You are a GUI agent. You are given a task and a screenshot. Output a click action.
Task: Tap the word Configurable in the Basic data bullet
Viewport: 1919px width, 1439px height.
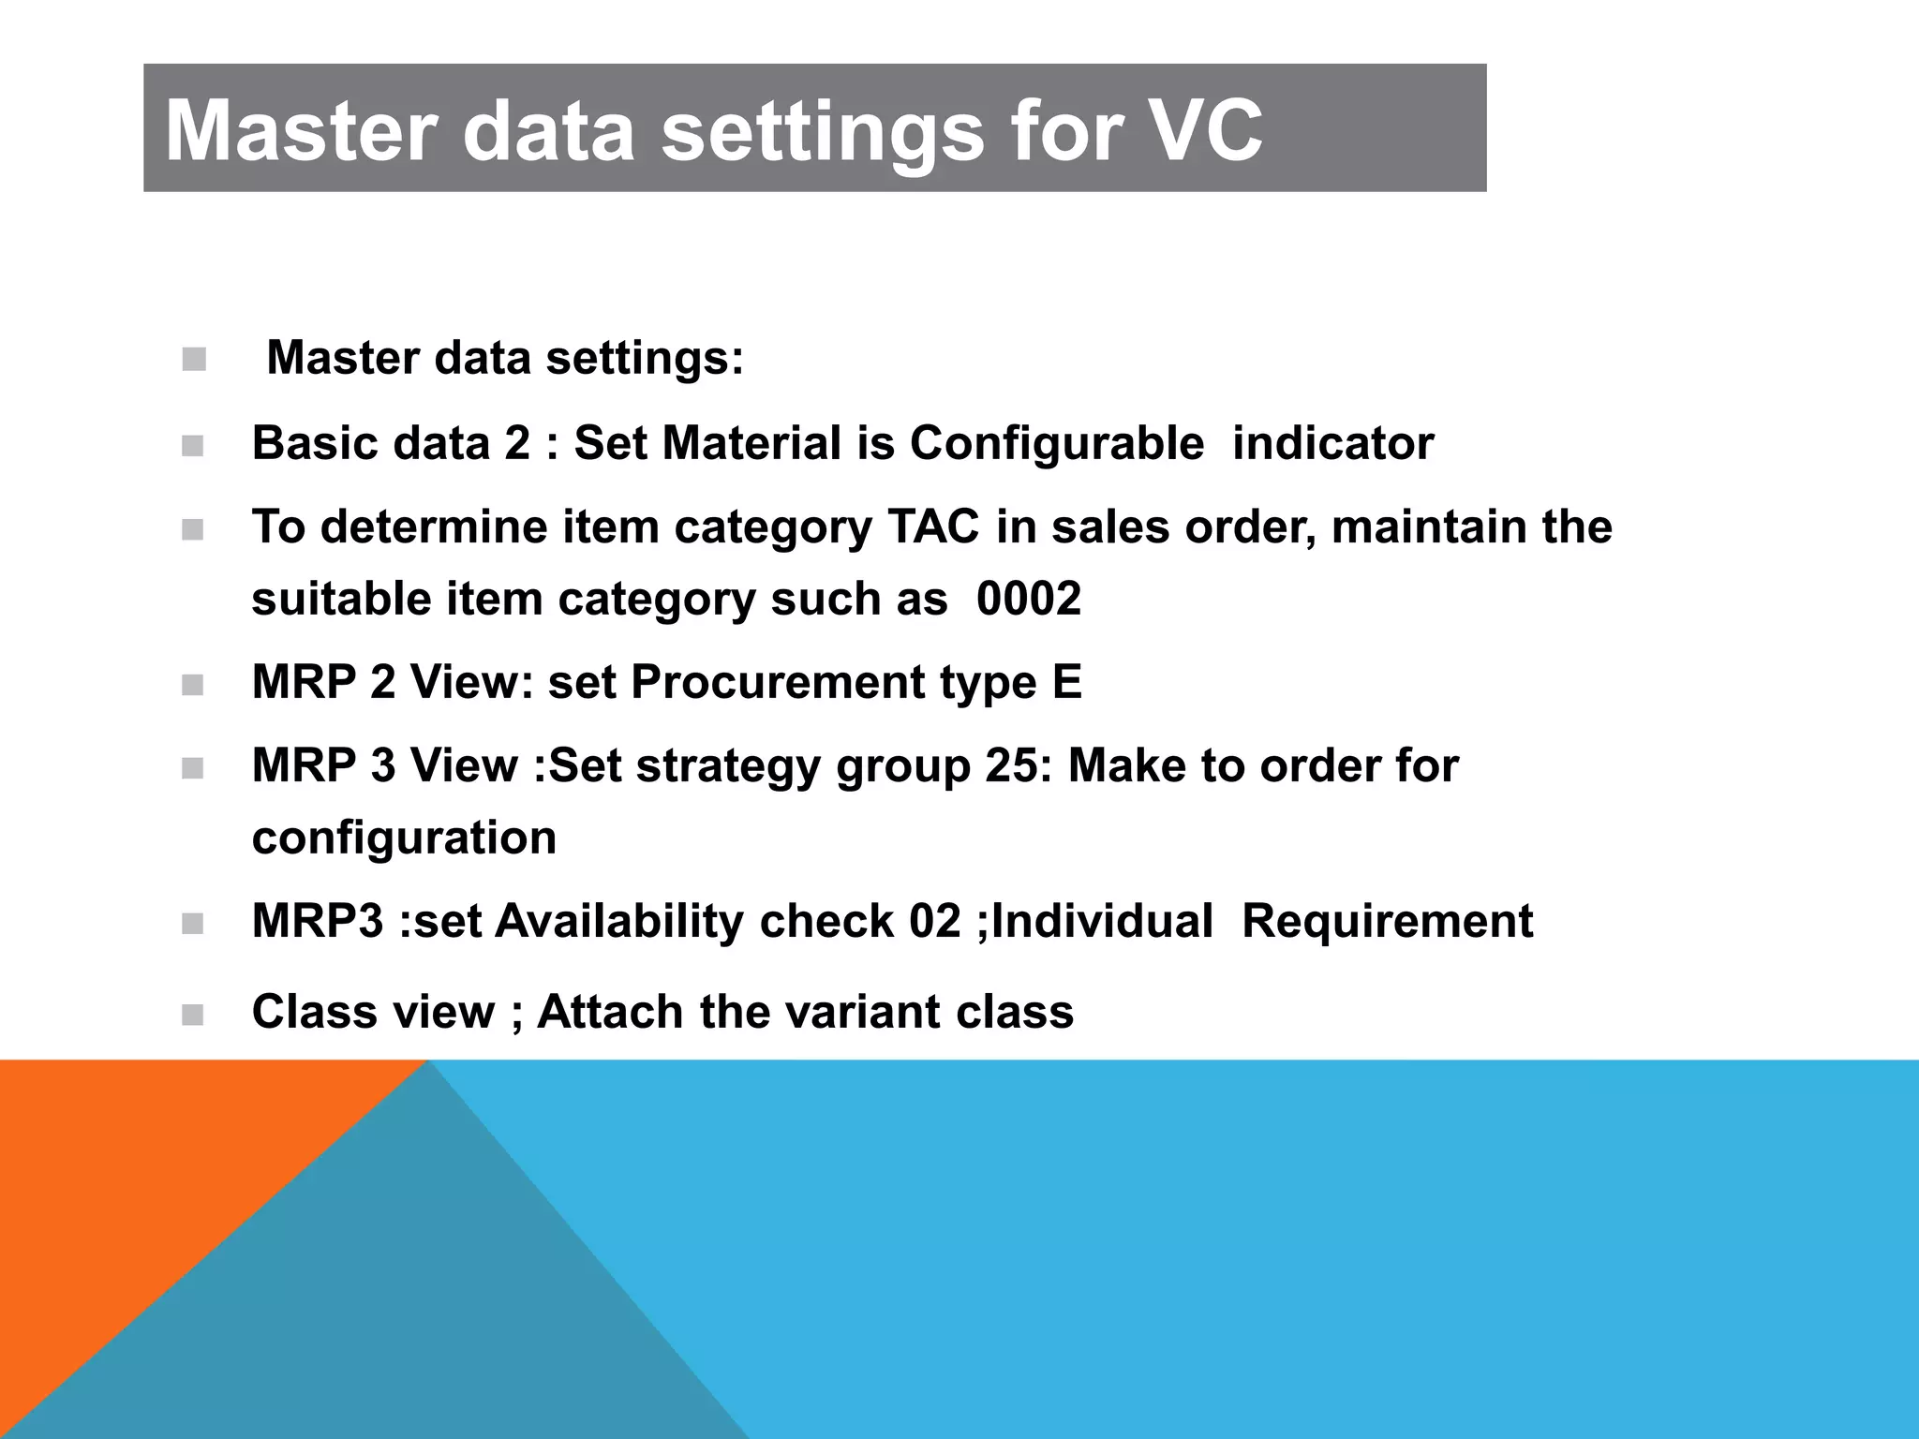pos(1056,443)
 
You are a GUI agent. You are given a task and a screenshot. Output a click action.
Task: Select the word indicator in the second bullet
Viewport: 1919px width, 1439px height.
pos(1332,443)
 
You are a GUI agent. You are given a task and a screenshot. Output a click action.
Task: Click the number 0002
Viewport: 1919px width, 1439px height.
pos(1028,599)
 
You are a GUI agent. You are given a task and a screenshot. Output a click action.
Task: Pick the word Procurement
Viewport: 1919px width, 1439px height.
pos(777,682)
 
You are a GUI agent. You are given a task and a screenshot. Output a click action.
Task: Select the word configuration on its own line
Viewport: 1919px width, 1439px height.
pos(404,838)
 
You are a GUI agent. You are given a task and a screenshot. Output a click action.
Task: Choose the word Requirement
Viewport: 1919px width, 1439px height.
pos(1387,921)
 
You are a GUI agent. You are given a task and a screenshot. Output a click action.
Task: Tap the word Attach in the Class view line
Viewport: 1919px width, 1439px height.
pos(610,1012)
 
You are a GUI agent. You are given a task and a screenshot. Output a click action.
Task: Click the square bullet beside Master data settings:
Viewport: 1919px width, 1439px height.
pos(194,360)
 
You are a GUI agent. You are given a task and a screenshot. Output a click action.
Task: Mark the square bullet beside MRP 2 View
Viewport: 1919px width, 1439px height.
pos(193,685)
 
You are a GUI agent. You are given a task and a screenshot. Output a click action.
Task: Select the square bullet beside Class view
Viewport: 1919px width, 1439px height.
pos(193,1015)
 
